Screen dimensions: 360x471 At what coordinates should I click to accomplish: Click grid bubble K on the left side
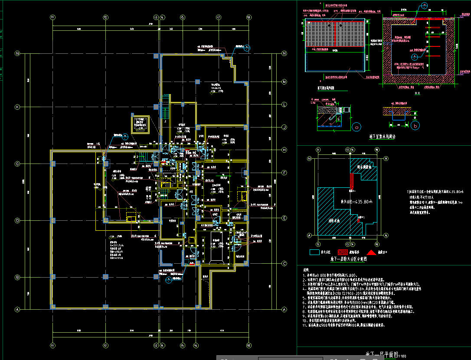pos(18,107)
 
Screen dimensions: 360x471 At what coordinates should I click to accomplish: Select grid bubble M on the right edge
pos(285,82)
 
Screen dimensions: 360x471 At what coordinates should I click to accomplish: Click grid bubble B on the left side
pos(18,277)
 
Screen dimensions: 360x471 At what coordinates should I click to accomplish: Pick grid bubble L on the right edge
pos(285,105)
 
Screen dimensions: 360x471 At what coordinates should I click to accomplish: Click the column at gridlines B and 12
pos(105,276)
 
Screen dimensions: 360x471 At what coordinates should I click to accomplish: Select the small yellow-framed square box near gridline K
pos(140,124)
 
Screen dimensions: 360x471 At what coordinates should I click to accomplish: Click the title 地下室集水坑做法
pos(382,136)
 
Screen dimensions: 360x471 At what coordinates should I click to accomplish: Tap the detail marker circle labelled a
pos(357,127)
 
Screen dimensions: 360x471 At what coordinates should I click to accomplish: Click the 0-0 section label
pos(417,93)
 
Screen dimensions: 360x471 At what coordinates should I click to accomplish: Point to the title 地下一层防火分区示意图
pos(348,259)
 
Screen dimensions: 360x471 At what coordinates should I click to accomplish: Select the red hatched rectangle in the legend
pos(343,252)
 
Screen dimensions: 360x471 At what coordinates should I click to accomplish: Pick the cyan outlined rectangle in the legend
pos(314,252)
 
